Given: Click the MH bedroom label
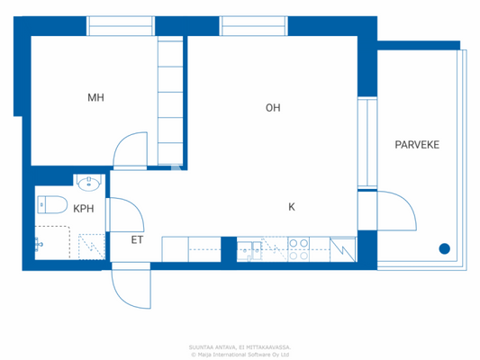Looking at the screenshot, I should point(95,97).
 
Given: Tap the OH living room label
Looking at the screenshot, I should point(273,108).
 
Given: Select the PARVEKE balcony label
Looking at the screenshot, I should point(417,144).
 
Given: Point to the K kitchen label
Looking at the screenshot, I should point(291,207).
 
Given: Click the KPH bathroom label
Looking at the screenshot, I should point(84,208).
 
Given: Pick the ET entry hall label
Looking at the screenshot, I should point(138,239).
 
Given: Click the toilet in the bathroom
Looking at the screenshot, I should point(50,203).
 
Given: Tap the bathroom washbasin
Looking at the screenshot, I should point(88,184).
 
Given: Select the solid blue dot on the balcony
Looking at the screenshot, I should point(444,249).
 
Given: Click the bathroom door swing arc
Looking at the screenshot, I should point(129,212).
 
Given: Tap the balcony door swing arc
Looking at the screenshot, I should point(397,211).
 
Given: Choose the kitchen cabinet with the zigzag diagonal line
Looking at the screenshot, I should point(343,247).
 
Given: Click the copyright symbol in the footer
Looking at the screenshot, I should point(193,354).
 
